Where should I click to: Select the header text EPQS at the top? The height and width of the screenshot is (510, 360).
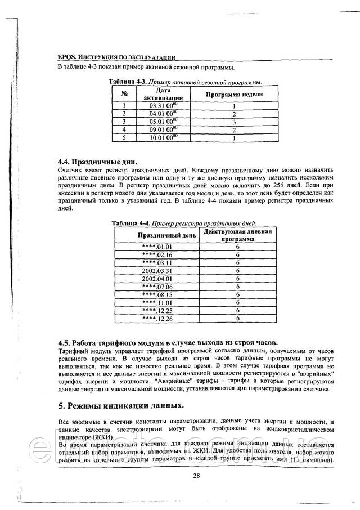pyautogui.click(x=67, y=57)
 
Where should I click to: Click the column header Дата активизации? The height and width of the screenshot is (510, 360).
pyautogui.click(x=163, y=93)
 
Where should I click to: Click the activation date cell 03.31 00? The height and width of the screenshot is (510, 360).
pyautogui.click(x=163, y=105)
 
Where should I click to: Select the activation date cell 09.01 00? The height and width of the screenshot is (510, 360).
pyautogui.click(x=163, y=129)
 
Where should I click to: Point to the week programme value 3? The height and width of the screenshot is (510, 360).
pyautogui.click(x=233, y=121)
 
